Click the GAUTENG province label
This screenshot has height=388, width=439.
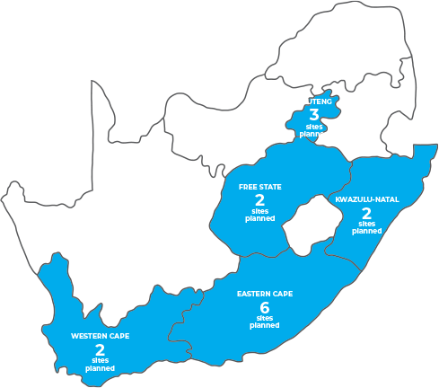coord(313,101)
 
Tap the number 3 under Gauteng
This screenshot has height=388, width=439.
coord(313,114)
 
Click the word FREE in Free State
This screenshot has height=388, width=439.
coord(248,187)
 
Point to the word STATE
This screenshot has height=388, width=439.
coord(269,187)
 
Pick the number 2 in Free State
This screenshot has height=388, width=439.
coord(259,199)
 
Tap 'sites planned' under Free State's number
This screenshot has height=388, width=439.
coord(259,215)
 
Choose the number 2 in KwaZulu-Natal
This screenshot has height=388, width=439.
coord(366,213)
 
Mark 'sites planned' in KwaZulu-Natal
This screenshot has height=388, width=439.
coord(366,227)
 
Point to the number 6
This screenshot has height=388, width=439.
coord(264,307)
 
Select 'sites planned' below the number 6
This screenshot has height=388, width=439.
coord(264,322)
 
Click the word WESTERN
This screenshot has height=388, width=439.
coord(90,336)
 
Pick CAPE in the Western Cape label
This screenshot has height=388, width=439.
coord(119,336)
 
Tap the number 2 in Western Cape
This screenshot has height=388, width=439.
coord(100,349)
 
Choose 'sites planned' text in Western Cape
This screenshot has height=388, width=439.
coord(100,365)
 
